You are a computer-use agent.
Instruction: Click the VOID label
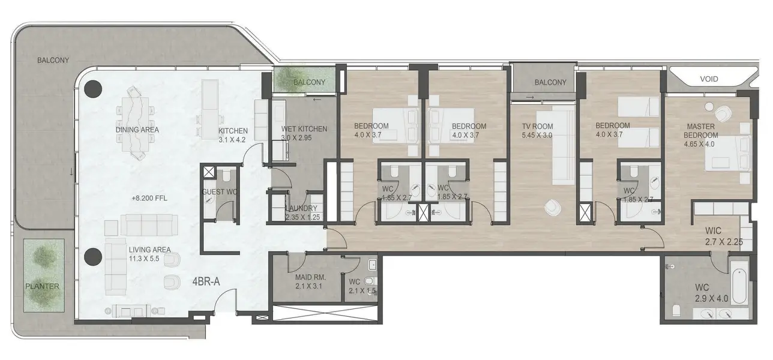coord(709,79)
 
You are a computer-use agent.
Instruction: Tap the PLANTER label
coord(42,286)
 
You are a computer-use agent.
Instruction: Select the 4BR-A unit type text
coord(206,281)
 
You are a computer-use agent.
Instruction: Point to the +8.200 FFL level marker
coord(149,199)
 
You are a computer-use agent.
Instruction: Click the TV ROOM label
coord(537,127)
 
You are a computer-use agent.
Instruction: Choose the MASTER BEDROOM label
coord(701,131)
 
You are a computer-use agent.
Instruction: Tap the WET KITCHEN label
coord(304,129)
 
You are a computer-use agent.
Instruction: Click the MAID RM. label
coord(311,277)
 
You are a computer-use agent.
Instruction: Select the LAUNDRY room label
coord(301,208)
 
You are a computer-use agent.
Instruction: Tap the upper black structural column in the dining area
coord(93,89)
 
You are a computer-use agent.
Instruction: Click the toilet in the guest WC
coord(226,176)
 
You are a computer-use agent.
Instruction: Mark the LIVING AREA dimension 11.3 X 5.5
coord(144,259)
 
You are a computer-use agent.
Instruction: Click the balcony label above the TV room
coord(550,82)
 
